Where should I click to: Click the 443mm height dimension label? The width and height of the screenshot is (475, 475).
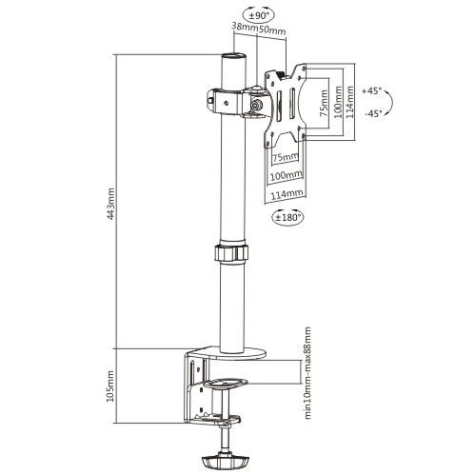[110, 204]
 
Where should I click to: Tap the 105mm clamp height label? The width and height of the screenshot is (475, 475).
[110, 386]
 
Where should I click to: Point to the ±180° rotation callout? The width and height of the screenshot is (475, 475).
[287, 217]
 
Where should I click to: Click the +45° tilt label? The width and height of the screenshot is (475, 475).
[371, 91]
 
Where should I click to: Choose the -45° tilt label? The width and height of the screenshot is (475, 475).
[373, 113]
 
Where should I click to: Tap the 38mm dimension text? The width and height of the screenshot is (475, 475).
[245, 28]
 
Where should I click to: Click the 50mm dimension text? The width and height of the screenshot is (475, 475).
[272, 30]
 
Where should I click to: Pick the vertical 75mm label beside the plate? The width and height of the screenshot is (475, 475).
[324, 104]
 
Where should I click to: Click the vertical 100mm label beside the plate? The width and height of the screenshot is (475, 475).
[339, 102]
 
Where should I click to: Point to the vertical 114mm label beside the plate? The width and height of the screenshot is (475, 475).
[349, 102]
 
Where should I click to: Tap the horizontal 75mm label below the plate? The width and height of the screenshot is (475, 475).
[286, 157]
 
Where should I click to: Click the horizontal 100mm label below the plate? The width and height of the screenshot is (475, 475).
[286, 174]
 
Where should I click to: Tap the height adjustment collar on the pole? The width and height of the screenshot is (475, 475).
[230, 252]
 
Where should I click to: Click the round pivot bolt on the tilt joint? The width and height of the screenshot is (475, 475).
[256, 104]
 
